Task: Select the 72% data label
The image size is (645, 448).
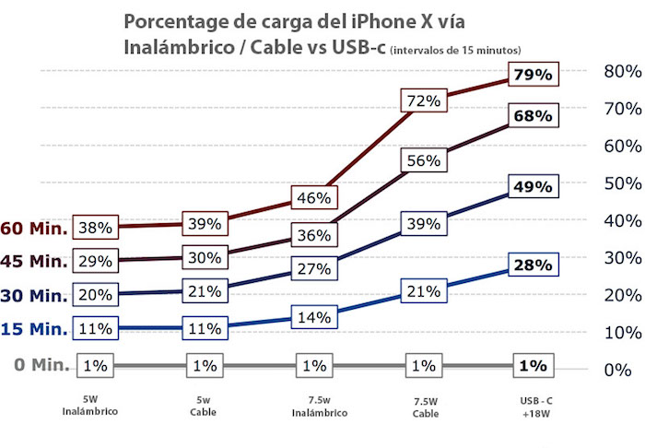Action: tap(423, 100)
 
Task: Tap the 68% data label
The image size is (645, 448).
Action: tap(533, 116)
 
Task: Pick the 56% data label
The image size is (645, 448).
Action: tap(423, 159)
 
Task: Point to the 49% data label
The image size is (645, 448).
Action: tap(533, 186)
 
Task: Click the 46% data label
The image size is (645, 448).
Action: tap(314, 197)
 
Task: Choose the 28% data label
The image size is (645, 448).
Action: tap(533, 265)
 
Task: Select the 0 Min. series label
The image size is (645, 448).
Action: tap(42, 365)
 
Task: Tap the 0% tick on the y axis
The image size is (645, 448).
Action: tap(616, 370)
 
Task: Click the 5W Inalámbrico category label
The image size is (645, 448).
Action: tap(97, 407)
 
